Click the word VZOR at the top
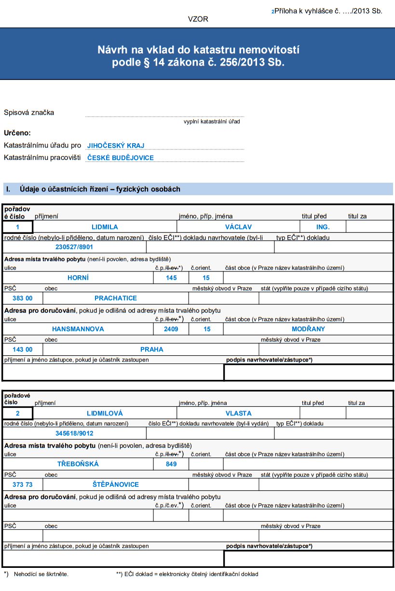(198, 19)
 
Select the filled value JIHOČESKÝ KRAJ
(116, 146)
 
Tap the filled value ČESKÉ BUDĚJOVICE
(121, 158)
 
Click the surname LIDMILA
(105, 227)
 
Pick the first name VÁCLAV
(238, 227)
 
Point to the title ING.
(323, 227)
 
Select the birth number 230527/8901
(74, 247)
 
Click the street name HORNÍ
(78, 278)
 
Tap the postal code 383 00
(23, 298)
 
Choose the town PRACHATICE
(116, 298)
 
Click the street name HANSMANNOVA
(78, 329)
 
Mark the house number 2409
(171, 329)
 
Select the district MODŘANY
(308, 329)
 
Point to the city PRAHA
(152, 349)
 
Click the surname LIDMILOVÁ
(105, 413)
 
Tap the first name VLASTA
(238, 413)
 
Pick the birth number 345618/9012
(74, 433)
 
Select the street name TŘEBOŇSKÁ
(78, 464)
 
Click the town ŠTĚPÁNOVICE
(116, 484)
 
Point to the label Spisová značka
(29, 113)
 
